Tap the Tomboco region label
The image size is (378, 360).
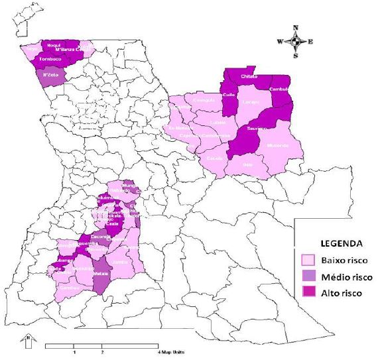[x=50, y=59]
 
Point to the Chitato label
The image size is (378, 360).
[x=249, y=77]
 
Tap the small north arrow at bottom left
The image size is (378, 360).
[x=29, y=341]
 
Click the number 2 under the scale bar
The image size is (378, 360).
[x=101, y=352]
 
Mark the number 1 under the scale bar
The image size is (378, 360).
[x=74, y=352]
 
